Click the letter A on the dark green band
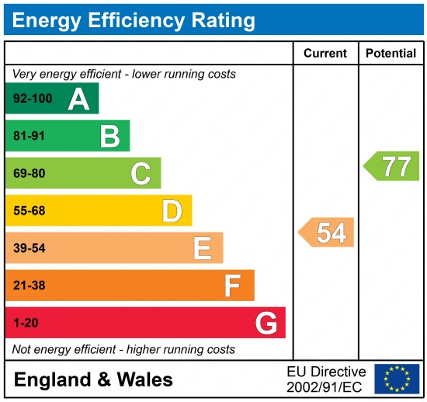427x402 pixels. [78, 99]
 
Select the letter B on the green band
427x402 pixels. [109, 136]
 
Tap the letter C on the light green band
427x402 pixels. [141, 173]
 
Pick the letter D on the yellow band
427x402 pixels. [172, 211]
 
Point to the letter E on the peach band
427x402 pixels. [202, 248]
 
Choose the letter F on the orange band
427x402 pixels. [232, 285]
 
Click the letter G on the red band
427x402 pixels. [266, 323]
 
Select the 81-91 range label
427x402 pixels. [30, 136]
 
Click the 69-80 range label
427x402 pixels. [30, 173]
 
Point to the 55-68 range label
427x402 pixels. [30, 211]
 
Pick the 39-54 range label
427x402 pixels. [30, 248]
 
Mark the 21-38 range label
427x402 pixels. [30, 285]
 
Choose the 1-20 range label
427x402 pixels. [26, 323]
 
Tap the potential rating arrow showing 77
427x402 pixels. [393, 166]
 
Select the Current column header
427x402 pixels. [325, 54]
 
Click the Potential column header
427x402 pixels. [391, 54]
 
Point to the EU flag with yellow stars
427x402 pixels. [396, 379]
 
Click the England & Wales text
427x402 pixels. [93, 379]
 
